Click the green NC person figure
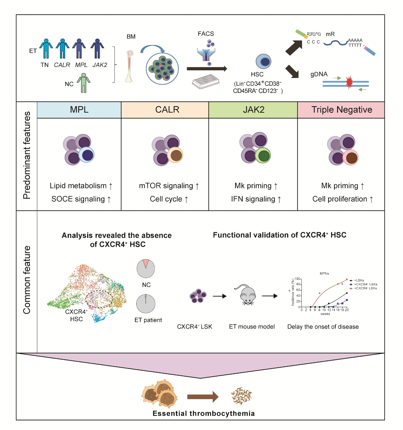(84, 83)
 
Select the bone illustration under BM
(129, 66)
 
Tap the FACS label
(206, 34)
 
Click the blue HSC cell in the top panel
(263, 62)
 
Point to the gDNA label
(319, 74)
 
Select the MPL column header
(79, 110)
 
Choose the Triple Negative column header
(342, 110)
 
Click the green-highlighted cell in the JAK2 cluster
(263, 155)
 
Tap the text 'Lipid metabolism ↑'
(81, 186)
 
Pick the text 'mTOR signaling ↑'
(169, 186)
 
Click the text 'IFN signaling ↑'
(256, 199)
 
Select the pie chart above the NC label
(146, 268)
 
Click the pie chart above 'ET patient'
(146, 304)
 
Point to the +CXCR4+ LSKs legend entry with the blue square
(364, 284)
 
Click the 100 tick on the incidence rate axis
(297, 279)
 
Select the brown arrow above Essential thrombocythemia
(203, 397)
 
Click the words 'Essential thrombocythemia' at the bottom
(204, 414)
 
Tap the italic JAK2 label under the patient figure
(100, 65)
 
